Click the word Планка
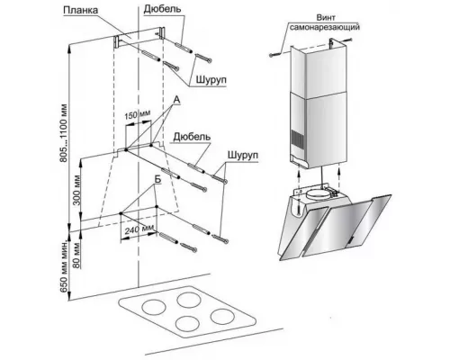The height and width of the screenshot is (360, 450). (81, 10)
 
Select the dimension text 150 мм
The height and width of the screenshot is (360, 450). (137, 114)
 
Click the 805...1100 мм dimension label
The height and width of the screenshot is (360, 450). (64, 133)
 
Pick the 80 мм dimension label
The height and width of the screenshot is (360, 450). (76, 255)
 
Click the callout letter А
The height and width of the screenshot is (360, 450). (176, 100)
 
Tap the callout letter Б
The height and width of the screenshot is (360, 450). (157, 179)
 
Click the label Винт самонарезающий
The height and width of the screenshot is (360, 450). (325, 22)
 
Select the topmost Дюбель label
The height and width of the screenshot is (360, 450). (162, 9)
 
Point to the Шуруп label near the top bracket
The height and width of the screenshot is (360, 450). (211, 80)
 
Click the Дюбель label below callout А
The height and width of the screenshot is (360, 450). (192, 137)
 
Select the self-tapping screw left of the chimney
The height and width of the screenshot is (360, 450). (274, 54)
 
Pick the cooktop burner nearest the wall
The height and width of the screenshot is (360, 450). (188, 300)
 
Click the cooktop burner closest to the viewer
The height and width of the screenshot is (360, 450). (187, 324)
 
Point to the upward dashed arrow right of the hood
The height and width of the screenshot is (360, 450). (339, 178)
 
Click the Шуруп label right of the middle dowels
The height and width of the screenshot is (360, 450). (243, 156)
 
